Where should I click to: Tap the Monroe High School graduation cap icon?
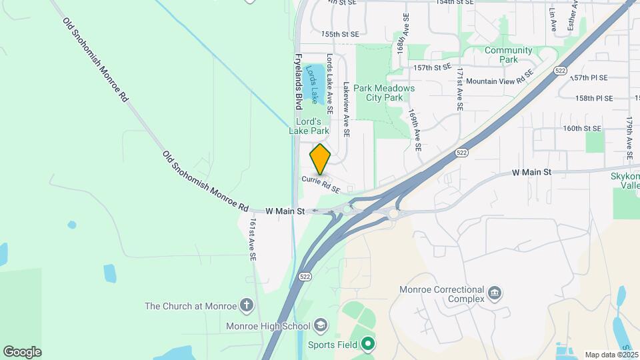(x=321, y=325)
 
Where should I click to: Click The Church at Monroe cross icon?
(x=247, y=306)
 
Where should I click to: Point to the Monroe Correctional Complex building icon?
(x=495, y=293)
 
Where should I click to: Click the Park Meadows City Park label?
(x=384, y=93)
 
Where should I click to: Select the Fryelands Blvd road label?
(x=299, y=81)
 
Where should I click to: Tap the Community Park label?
(x=509, y=55)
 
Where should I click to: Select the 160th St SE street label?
(x=582, y=128)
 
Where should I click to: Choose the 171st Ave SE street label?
(x=459, y=89)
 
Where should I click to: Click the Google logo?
(x=22, y=351)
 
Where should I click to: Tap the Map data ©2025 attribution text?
(x=610, y=355)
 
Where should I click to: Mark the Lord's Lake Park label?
(x=312, y=127)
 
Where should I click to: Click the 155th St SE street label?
(x=340, y=33)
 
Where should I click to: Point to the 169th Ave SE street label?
(x=415, y=130)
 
